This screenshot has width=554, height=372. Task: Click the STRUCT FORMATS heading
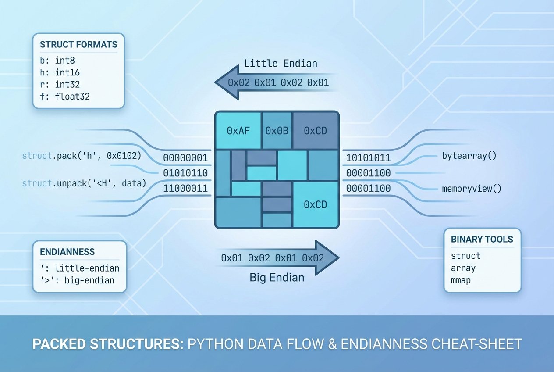(x=78, y=45)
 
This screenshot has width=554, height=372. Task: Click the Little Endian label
(x=281, y=64)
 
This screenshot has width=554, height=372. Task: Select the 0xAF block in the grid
(x=238, y=131)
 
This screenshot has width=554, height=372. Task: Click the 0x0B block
(x=276, y=131)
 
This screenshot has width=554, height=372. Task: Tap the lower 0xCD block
(x=316, y=205)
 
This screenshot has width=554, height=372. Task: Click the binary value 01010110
(x=185, y=173)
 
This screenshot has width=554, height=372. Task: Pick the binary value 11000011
(x=185, y=189)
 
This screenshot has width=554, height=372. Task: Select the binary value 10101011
(x=368, y=158)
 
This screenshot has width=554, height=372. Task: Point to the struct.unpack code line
(x=84, y=183)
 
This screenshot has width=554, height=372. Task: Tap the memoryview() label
(x=472, y=189)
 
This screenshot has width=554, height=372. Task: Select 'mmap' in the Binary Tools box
(x=461, y=280)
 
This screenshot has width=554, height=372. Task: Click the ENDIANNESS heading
(x=67, y=252)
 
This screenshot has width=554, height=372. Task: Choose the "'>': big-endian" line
(x=77, y=280)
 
